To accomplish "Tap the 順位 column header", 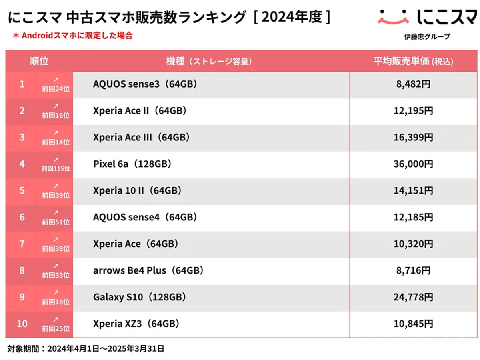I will pos(39,61).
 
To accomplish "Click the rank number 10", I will pos(22,324).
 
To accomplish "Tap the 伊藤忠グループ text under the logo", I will pos(427,37).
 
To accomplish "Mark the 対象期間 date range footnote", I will pos(86,348).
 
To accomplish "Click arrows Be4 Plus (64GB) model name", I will pos(148,270).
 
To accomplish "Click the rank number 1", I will pos(22,84).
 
